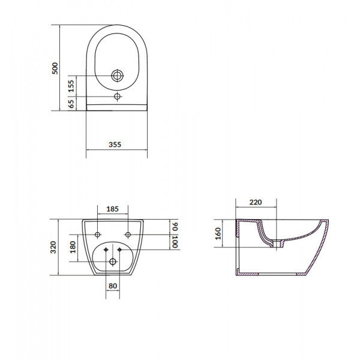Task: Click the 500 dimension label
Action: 55,68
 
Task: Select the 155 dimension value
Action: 71,86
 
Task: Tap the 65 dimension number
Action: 71,104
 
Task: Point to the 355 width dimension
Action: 115,145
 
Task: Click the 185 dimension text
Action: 113,209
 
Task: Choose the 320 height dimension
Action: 53,247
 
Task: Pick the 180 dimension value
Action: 73,247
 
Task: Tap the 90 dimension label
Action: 175,226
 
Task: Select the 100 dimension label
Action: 175,242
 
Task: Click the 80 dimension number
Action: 113,286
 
